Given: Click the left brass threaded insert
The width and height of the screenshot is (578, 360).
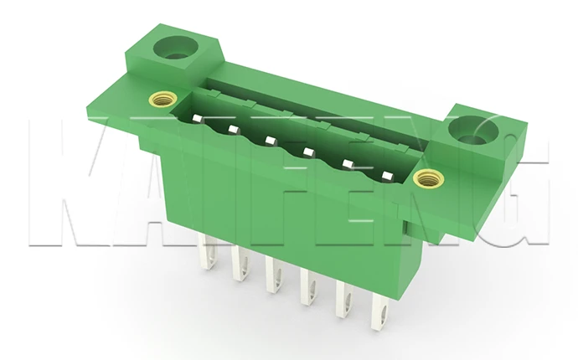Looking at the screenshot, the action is pyautogui.click(x=163, y=99).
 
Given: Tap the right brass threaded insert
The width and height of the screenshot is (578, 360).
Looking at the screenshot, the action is pyautogui.click(x=428, y=178).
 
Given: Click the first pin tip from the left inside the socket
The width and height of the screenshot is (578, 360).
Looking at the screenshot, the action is pyautogui.click(x=197, y=118).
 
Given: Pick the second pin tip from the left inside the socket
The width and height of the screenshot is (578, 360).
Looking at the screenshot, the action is pyautogui.click(x=233, y=129).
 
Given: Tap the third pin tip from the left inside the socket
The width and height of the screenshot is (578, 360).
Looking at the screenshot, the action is pyautogui.click(x=271, y=141).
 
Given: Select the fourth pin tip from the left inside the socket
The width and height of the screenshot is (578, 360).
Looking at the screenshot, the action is pyautogui.click(x=308, y=151).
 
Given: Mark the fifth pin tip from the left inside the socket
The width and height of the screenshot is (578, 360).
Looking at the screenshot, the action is pyautogui.click(x=348, y=163).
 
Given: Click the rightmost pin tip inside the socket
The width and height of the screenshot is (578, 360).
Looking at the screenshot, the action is pyautogui.click(x=387, y=175).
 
